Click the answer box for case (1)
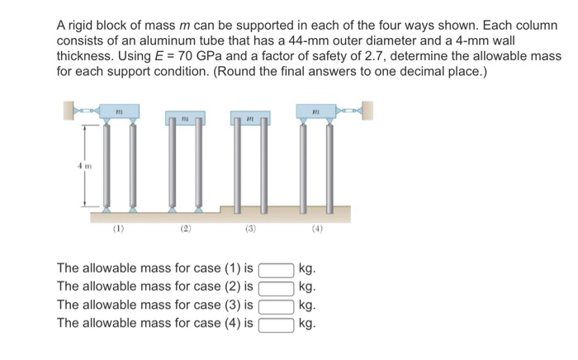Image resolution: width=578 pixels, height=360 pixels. pyautogui.click(x=277, y=269)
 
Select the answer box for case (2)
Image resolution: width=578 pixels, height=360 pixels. pyautogui.click(x=277, y=287)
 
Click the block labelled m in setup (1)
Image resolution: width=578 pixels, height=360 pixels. pyautogui.click(x=117, y=110)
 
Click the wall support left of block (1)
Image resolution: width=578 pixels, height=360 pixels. pyautogui.click(x=66, y=109)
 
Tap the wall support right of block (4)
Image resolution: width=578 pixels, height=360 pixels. pyautogui.click(x=367, y=109)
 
